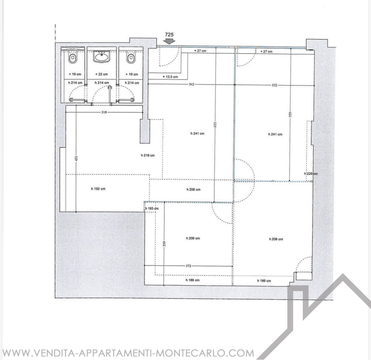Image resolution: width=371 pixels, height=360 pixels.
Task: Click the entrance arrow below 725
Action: point(169,41)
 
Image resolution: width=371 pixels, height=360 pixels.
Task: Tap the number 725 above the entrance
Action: point(169,35)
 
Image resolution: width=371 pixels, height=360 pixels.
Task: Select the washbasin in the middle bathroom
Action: point(102,57)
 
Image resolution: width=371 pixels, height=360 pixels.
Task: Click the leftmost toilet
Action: point(73,58)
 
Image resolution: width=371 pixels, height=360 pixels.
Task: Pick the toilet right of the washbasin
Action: point(131,58)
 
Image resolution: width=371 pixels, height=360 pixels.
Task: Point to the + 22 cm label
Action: point(102,74)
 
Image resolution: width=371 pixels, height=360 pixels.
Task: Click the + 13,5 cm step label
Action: point(170,77)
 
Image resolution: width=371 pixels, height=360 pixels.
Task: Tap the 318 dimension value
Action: point(104,112)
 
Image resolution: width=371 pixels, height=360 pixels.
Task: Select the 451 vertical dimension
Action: point(76,159)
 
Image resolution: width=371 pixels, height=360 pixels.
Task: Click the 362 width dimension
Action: point(191,84)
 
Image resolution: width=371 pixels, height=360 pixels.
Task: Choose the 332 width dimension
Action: point(274,85)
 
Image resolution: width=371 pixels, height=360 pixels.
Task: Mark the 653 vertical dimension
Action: point(215,125)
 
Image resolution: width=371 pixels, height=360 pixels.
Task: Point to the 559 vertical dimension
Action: point(290,115)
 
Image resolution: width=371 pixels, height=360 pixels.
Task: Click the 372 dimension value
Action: point(188,266)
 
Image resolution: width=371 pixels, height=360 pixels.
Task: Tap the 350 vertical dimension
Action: point(165,244)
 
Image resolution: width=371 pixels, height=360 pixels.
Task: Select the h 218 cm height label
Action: point(148,155)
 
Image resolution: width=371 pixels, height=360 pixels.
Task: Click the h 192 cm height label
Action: point(98,189)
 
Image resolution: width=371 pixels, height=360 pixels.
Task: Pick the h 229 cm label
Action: point(311,174)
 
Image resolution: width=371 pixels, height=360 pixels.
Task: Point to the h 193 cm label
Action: point(152,209)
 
